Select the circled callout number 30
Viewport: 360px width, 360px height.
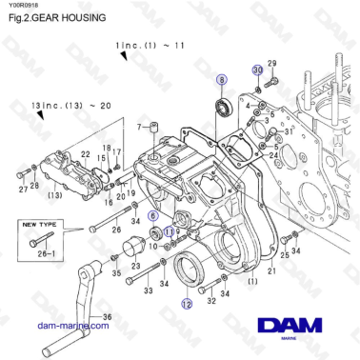click(x=257, y=70)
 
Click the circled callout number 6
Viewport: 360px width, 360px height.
click(x=152, y=216)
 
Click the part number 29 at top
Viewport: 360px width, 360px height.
click(x=270, y=63)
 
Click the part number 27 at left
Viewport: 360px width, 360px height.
click(x=22, y=188)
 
